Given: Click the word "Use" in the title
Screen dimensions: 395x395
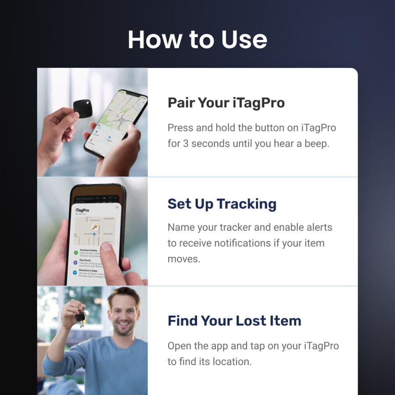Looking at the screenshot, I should tap(244, 39).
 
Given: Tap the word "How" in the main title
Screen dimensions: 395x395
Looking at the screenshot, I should tap(154, 39).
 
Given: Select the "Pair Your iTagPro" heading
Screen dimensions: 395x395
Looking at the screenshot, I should tap(226, 103).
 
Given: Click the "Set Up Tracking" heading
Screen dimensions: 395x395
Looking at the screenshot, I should tap(222, 204).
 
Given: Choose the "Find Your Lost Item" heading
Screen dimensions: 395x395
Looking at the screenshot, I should tap(234, 321).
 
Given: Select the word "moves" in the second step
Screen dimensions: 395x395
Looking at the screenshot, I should tap(184, 259).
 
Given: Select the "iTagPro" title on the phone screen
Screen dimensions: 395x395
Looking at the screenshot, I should tap(82, 210).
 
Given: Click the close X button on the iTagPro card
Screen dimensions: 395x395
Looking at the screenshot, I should tap(116, 207).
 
